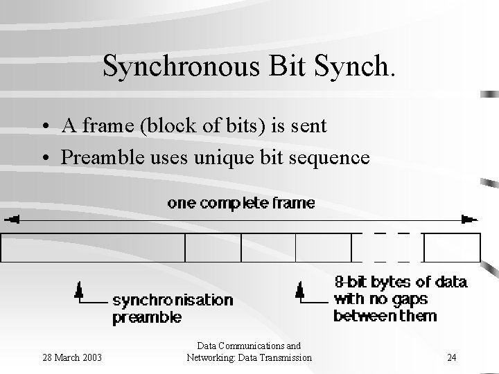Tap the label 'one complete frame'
pyautogui.click(x=240, y=203)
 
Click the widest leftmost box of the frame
pyautogui.click(x=94, y=247)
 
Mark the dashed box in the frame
pyautogui.click(x=387, y=247)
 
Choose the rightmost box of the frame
pyautogui.click(x=452, y=247)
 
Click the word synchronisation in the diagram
pyautogui.click(x=172, y=301)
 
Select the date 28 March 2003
pyautogui.click(x=72, y=357)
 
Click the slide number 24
pyautogui.click(x=451, y=357)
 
